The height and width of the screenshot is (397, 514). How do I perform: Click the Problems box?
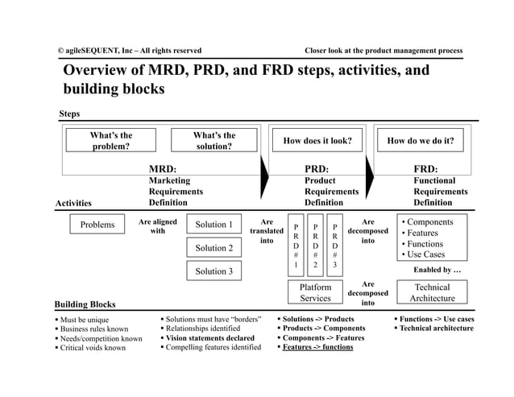tap(97, 225)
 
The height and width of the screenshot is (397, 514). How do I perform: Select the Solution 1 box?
tap(213, 225)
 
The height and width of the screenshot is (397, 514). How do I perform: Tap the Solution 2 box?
tap(213, 248)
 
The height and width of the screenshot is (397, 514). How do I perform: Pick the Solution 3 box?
tap(213, 271)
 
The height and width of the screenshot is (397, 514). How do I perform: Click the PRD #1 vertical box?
tap(296, 246)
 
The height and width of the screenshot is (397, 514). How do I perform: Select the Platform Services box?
tap(315, 292)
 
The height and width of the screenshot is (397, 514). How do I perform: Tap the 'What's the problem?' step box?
tap(111, 141)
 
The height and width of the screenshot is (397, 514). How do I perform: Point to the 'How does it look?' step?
tap(317, 141)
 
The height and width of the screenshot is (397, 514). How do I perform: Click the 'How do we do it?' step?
tap(421, 141)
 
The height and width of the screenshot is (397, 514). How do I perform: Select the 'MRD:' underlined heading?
tap(163, 169)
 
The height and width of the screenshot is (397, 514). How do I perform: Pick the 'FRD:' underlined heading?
tap(425, 169)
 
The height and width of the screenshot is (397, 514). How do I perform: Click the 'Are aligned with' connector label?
tap(158, 226)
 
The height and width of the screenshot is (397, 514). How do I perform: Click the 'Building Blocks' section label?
tap(85, 304)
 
